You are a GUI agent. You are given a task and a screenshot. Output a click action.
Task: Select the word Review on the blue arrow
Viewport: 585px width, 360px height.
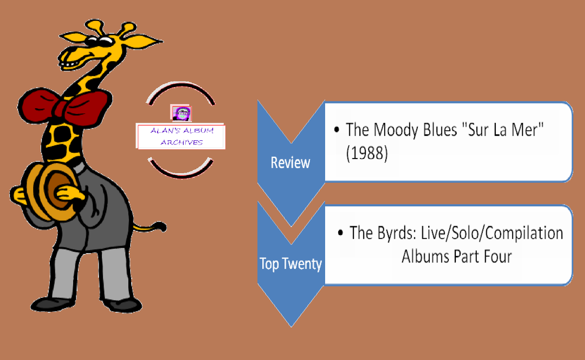coord(290,163)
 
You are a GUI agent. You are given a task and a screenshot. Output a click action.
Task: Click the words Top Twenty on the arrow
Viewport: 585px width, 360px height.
coord(291,264)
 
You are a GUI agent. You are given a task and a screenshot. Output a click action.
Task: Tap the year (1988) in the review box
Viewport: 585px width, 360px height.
coord(367,153)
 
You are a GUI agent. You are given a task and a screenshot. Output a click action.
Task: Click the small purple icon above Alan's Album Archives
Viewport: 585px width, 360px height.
coord(181,113)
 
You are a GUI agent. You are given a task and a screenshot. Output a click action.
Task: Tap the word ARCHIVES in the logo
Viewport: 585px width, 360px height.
coord(182,142)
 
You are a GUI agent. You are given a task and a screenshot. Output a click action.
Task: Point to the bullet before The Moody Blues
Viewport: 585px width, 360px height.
coord(337,130)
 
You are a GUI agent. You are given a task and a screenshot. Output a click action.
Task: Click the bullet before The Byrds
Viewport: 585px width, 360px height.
coord(340,233)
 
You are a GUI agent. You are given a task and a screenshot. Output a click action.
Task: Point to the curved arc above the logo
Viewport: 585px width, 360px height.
coord(181,87)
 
